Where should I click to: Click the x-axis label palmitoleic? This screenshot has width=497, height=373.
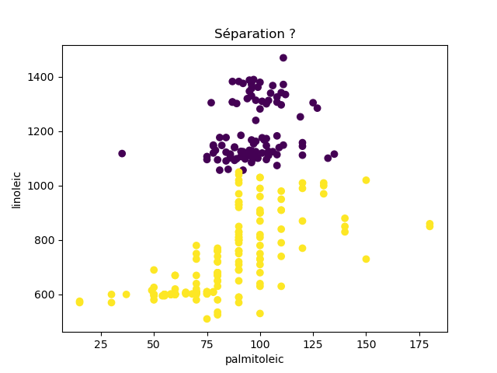point(255,359)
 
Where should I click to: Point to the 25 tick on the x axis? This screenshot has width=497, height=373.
point(101,343)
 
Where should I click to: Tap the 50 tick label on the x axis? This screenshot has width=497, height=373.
point(154,343)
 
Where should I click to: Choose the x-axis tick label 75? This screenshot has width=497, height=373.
point(207,343)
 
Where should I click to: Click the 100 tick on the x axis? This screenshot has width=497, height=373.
point(259,343)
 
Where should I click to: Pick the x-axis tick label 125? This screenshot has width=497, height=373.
point(313,343)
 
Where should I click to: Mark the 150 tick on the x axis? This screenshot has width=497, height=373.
point(366,343)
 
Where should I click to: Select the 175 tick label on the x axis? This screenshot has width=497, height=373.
point(419,343)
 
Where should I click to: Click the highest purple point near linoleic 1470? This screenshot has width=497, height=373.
point(283,58)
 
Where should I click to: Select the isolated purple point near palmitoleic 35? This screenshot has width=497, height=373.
point(122,154)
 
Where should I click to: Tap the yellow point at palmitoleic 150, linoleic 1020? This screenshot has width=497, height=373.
point(366,180)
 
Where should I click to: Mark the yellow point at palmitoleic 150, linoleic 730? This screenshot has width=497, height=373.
point(366,259)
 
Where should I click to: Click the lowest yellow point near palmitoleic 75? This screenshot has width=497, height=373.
point(207,319)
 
